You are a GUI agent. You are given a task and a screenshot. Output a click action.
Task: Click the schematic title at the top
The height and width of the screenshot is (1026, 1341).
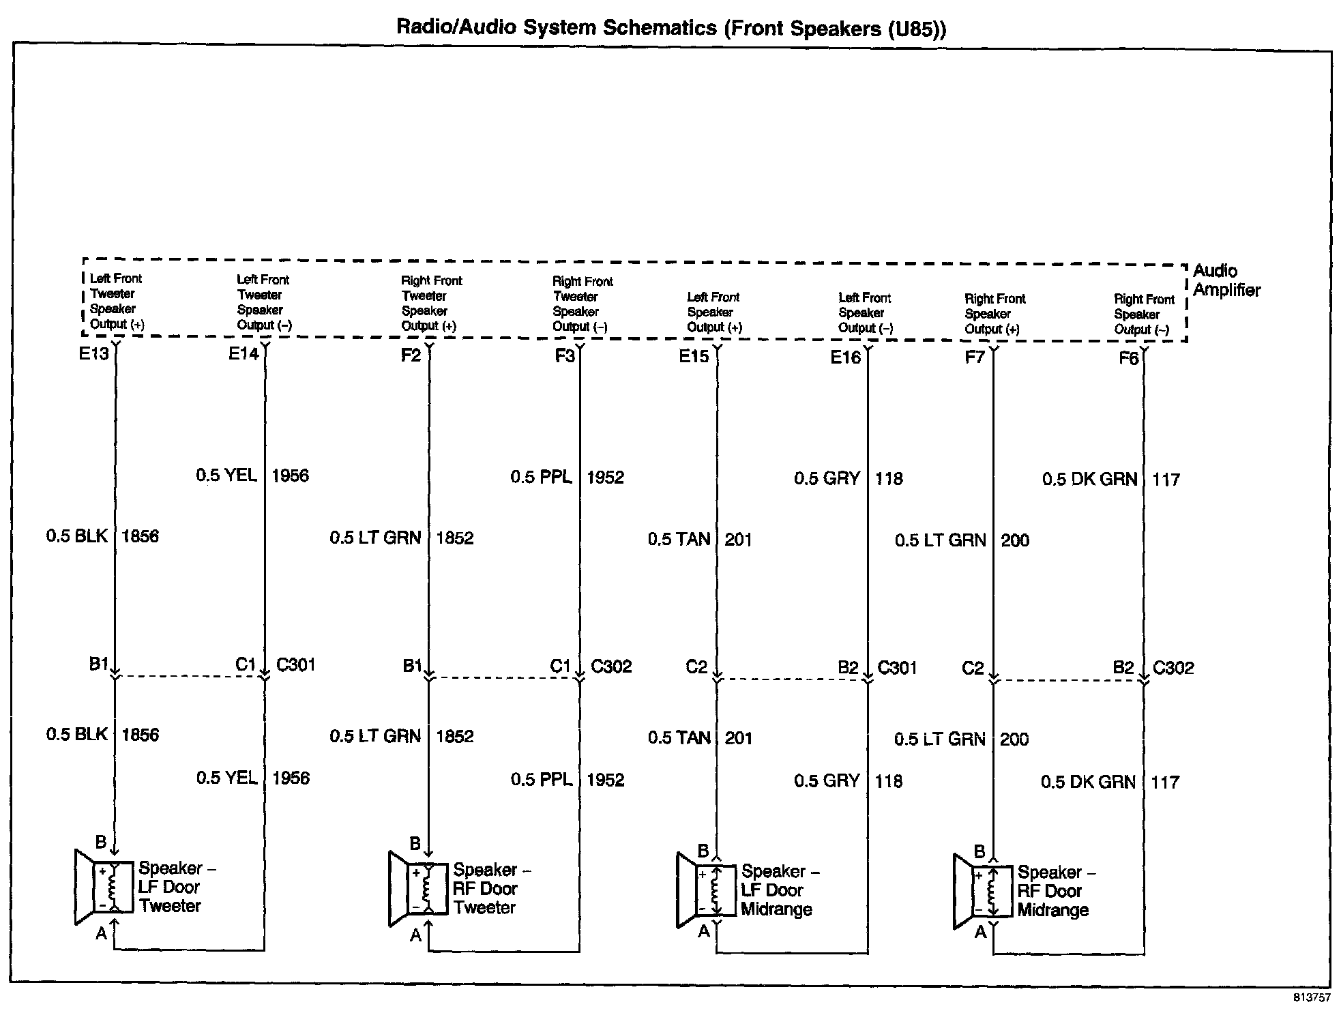click(x=671, y=28)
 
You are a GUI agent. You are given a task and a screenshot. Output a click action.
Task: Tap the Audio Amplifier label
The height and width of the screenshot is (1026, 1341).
click(x=1226, y=280)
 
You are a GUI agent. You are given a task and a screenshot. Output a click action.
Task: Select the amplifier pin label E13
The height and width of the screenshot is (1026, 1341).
click(x=93, y=353)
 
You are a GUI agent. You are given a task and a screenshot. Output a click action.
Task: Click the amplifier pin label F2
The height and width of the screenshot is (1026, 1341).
click(x=411, y=355)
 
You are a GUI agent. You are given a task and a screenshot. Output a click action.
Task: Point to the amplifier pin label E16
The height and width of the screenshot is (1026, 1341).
click(x=845, y=357)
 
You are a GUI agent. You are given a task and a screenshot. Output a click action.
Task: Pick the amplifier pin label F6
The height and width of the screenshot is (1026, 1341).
click(x=1129, y=358)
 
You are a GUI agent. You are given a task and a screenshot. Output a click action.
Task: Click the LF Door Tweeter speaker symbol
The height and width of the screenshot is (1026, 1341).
click(x=104, y=887)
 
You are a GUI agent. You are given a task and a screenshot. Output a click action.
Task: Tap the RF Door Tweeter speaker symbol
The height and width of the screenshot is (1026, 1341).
click(x=418, y=888)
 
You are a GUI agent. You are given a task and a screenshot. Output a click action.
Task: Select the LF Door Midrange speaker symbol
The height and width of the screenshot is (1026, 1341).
click(x=706, y=890)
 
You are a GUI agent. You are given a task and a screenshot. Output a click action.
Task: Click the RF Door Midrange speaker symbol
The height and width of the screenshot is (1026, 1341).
click(x=982, y=891)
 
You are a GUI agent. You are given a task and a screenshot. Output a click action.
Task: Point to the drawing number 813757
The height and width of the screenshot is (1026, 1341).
click(x=1312, y=997)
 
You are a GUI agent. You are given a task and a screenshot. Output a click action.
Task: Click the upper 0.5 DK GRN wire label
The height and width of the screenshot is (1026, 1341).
click(x=1089, y=480)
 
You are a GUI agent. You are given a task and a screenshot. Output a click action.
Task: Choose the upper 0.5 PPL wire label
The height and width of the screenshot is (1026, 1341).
click(x=541, y=477)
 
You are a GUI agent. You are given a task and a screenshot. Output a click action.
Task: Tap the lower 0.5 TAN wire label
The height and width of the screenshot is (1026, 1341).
click(x=679, y=737)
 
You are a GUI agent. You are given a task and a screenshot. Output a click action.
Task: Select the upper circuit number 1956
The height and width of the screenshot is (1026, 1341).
click(x=290, y=475)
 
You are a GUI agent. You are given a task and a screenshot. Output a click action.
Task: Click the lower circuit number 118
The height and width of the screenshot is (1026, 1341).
click(x=888, y=780)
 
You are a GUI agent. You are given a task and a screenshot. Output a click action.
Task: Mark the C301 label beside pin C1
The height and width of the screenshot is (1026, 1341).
click(x=296, y=664)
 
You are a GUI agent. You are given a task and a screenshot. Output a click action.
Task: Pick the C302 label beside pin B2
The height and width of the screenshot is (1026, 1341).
click(x=1173, y=667)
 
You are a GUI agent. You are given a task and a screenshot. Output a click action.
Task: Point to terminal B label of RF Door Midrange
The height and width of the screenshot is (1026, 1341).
click(x=979, y=851)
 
